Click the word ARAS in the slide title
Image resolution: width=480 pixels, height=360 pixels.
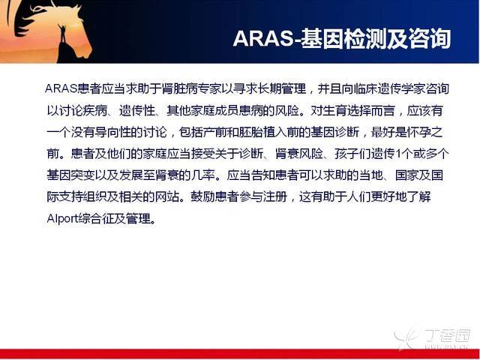click(263, 38)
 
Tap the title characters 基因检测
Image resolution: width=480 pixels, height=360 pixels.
click(343, 38)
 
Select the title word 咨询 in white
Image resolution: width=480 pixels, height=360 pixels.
click(430, 38)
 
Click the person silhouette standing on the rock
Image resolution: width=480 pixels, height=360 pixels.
click(62, 34)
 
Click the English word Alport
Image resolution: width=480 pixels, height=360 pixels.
click(62, 219)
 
